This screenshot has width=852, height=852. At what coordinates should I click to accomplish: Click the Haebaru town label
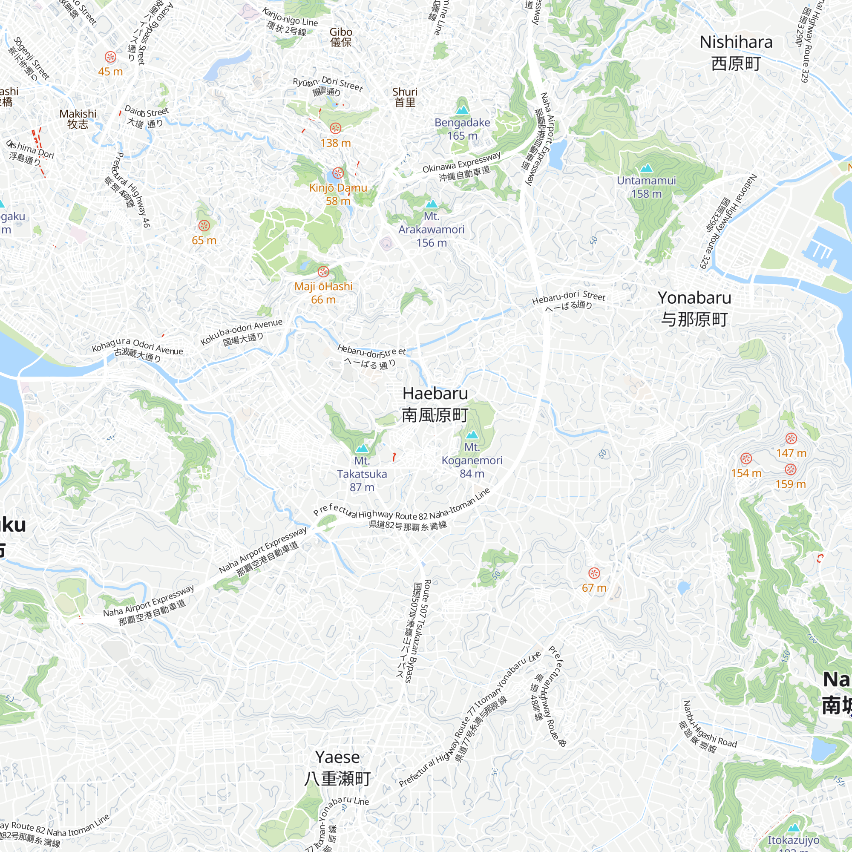pos(435,404)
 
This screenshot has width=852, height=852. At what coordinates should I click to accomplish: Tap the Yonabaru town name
pos(694,308)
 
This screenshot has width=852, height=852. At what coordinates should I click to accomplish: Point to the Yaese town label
pos(337,768)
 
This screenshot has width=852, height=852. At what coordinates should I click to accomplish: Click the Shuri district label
pos(404,97)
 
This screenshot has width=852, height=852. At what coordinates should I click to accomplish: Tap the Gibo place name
pos(341,37)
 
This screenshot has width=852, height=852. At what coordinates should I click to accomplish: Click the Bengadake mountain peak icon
pos(462,109)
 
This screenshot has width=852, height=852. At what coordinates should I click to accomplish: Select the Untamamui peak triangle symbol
pos(646,168)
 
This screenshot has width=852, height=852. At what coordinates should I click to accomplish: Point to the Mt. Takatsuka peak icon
pos(362,449)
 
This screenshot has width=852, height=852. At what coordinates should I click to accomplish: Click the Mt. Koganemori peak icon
pos(472,435)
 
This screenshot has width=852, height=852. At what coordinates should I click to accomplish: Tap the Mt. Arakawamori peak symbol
pos(431,204)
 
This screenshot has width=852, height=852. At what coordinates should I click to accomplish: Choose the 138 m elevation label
pos(336,143)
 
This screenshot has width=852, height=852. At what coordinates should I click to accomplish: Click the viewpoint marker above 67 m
pos(594,573)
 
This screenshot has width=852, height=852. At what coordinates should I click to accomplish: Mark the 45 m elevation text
pos(110,72)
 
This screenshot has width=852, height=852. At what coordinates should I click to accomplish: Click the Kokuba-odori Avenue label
pos(241,333)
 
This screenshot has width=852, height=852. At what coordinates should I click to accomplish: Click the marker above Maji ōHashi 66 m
pos(323,271)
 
